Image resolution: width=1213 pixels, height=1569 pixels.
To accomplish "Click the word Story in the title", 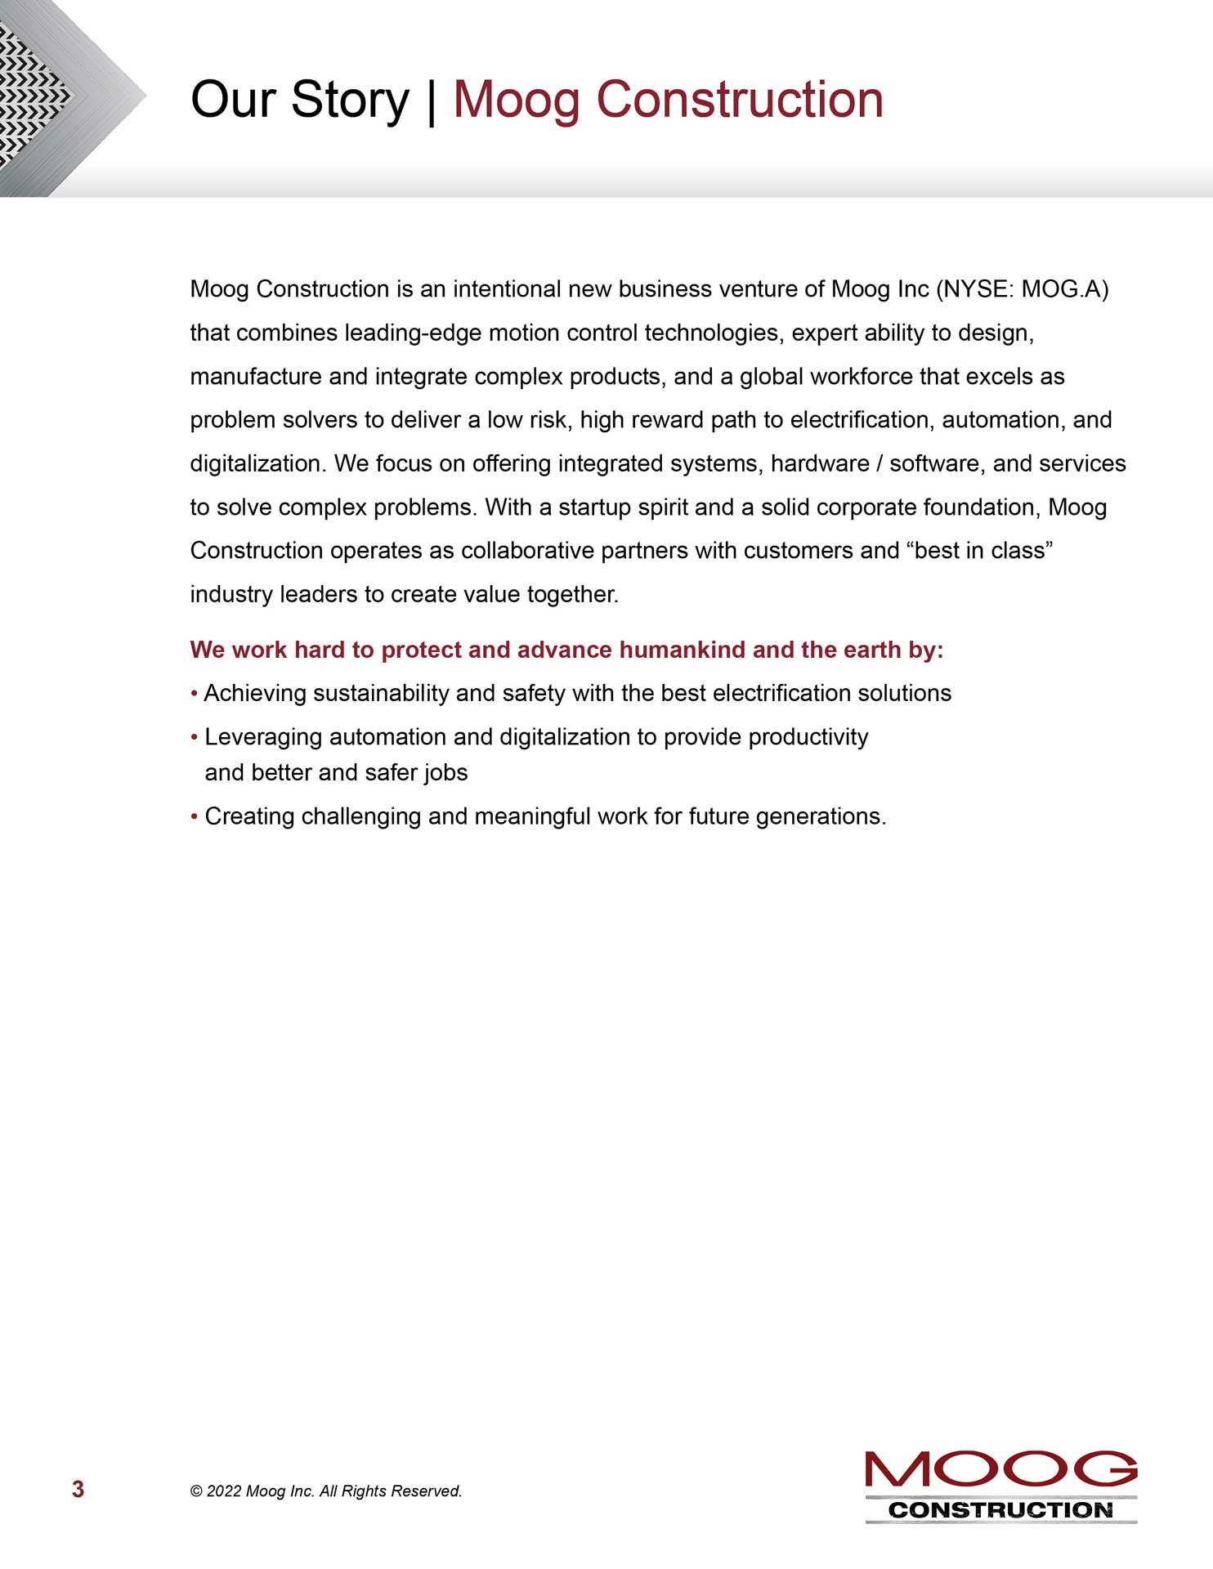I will point(349,100).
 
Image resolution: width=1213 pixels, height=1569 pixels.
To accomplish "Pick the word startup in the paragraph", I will point(594,507).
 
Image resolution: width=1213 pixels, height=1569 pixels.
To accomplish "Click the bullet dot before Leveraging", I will point(195,738).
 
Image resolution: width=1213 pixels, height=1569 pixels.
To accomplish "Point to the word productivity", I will point(808,737).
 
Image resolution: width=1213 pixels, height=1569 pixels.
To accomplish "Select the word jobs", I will point(446,773).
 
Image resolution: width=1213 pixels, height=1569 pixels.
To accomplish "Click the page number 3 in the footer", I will point(78,1489).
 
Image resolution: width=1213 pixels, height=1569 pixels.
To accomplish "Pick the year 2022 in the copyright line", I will point(224,1491).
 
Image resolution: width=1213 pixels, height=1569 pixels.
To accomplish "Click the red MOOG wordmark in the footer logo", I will point(1000,1469).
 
